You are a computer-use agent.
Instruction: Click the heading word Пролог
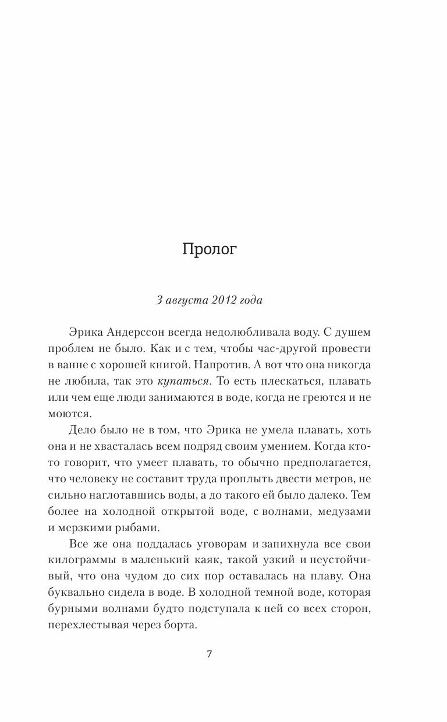tap(210, 250)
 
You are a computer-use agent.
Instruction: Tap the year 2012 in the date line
tap(217, 300)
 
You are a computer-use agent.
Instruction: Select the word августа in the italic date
tap(182, 300)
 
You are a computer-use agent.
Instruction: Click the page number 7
tap(210, 654)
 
